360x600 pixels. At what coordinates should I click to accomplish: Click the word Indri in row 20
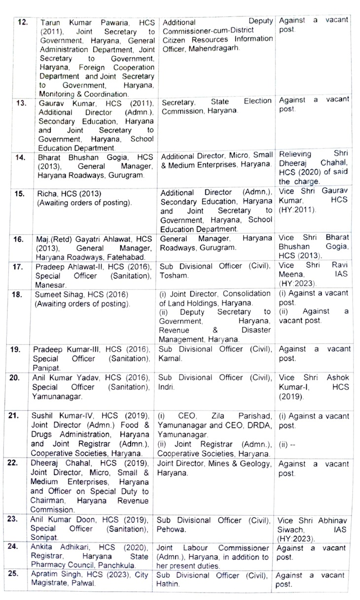(166, 387)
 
